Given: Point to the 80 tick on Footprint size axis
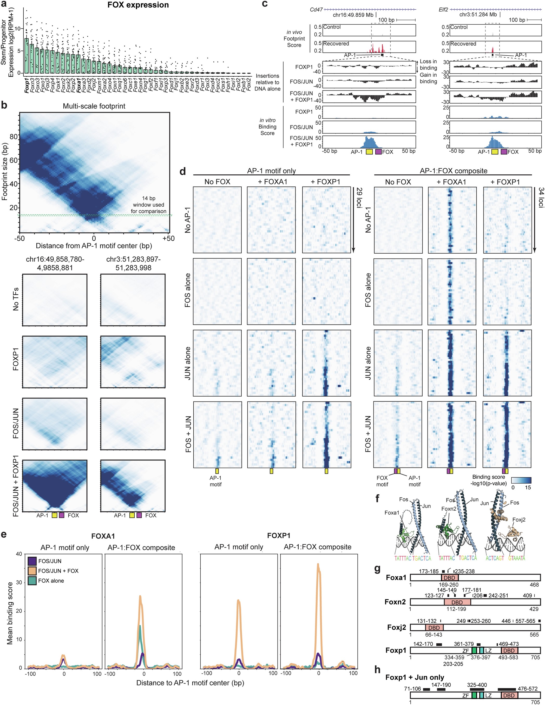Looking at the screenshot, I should coord(13,136).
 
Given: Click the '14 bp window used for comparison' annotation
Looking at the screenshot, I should coord(148,205).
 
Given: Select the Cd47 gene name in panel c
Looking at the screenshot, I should coord(316,10).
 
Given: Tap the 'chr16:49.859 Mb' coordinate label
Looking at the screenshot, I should coord(353,15).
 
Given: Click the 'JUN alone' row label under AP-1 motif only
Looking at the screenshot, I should coord(188,363).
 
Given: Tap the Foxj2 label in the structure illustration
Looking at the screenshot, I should coord(519,520).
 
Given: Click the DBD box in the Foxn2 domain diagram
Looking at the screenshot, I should coord(457,602).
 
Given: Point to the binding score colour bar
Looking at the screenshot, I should coord(521,480).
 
